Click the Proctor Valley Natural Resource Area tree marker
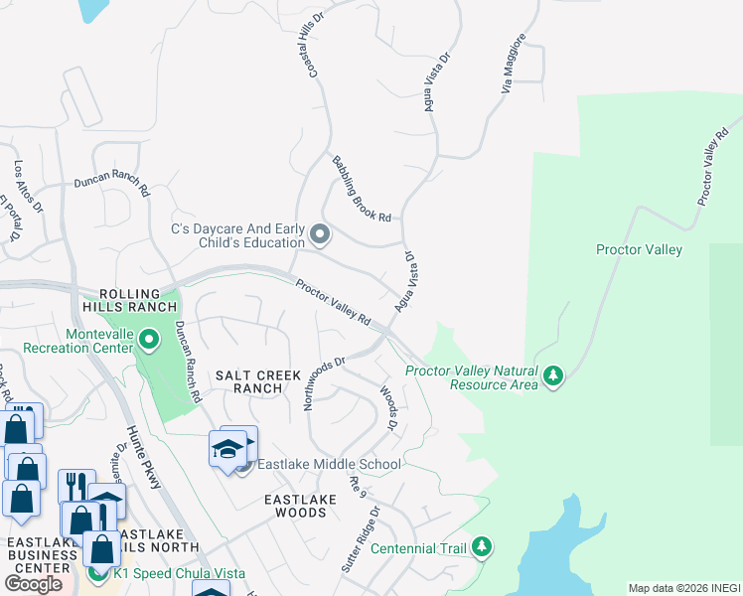click(553, 376)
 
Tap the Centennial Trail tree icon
click(482, 547)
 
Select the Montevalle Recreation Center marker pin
click(149, 342)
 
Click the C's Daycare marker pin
click(320, 235)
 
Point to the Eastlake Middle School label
click(329, 464)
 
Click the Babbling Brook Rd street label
click(362, 189)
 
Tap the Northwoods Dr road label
click(324, 383)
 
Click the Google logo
click(33, 583)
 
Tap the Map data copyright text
click(683, 588)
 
